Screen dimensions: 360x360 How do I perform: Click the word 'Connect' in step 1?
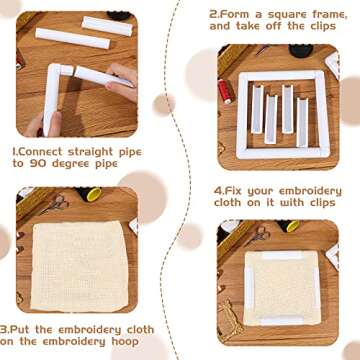pyautogui.click(x=44, y=152)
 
